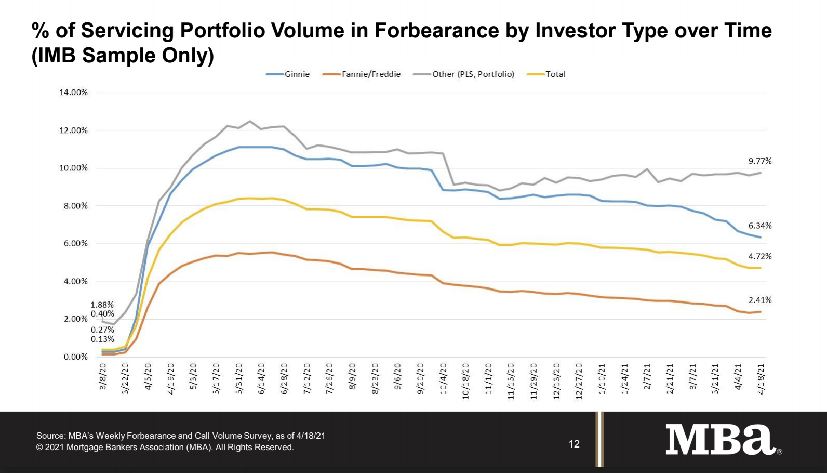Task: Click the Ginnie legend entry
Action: coord(289,74)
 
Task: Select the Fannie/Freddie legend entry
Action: coord(362,74)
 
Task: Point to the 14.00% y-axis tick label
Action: coord(73,93)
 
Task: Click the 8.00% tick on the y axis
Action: coord(75,206)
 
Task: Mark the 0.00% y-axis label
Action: coord(75,357)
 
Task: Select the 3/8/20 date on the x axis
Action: coord(103,377)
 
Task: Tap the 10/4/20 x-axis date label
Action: coord(443,379)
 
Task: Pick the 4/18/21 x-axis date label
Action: coord(761,379)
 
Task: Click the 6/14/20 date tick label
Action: coord(261,379)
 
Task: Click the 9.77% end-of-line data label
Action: coord(759,161)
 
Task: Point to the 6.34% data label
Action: coord(759,226)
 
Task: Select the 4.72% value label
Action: coord(759,256)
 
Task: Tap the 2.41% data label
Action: coord(759,300)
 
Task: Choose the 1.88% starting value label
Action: coord(102,305)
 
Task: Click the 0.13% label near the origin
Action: coord(102,339)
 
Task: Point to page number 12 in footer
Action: coord(574,444)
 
